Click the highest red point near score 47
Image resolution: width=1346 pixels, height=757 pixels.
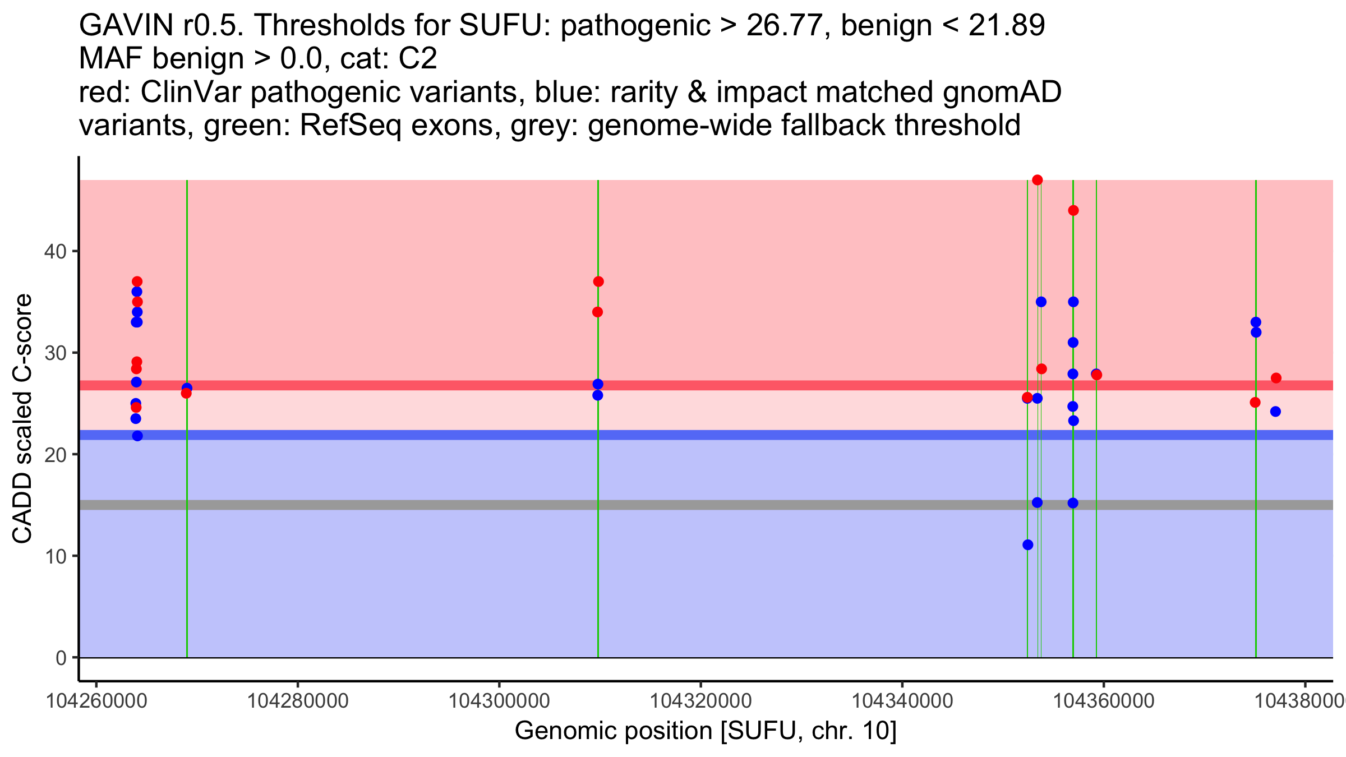pyautogui.click(x=1037, y=180)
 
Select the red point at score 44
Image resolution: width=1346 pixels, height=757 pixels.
pyautogui.click(x=1073, y=210)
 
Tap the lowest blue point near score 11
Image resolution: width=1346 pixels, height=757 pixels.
pyautogui.click(x=1027, y=544)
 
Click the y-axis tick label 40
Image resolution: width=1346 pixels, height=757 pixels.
pyautogui.click(x=55, y=251)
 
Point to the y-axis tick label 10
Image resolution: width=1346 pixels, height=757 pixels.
pyautogui.click(x=55, y=556)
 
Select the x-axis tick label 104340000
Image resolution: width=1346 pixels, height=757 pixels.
pyautogui.click(x=902, y=701)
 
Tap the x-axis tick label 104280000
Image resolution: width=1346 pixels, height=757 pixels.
pyautogui.click(x=298, y=701)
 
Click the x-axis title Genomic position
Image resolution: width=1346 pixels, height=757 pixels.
pyautogui.click(x=706, y=731)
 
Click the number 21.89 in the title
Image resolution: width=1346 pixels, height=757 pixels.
pyautogui.click(x=1007, y=25)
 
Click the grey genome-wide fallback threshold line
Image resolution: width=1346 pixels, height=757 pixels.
pyautogui.click(x=706, y=505)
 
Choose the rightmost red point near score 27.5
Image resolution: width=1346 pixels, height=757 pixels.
pyautogui.click(x=1276, y=378)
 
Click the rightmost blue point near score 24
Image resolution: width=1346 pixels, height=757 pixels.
pyautogui.click(x=1275, y=412)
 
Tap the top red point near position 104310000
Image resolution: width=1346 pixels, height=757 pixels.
pyautogui.click(x=598, y=281)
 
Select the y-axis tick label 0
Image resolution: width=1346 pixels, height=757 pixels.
pyautogui.click(x=61, y=658)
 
